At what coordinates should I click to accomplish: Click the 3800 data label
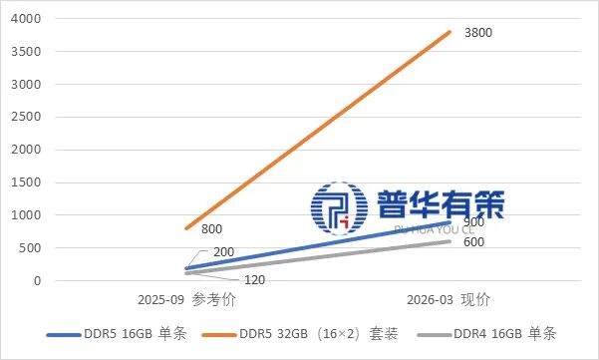(478, 33)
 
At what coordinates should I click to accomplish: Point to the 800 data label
(211, 229)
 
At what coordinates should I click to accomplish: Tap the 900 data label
(473, 221)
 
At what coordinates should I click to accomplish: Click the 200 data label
(224, 250)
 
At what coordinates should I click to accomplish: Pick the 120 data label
(254, 280)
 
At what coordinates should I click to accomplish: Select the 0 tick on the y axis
(38, 280)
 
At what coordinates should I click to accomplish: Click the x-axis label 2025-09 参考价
(186, 300)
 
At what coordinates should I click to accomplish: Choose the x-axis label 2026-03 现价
(449, 300)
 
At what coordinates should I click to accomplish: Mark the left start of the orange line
(186, 228)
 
